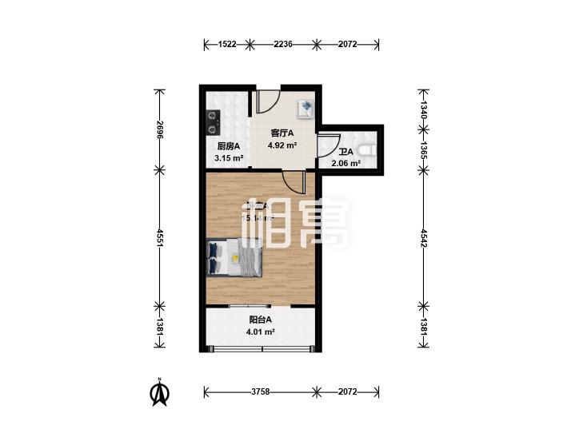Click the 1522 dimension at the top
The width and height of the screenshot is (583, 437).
point(226,45)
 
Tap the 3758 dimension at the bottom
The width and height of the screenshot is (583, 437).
point(260,391)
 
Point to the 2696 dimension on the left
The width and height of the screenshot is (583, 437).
point(160,130)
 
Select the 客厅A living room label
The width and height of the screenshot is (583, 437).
point(282,133)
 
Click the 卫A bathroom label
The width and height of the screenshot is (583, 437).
point(346,152)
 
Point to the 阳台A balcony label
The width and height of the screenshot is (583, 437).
point(260,321)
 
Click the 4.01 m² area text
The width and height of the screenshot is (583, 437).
point(261,332)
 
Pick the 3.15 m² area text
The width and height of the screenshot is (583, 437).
point(228,157)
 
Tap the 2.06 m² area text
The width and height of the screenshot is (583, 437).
point(346,163)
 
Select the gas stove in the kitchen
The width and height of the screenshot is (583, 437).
point(212,121)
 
